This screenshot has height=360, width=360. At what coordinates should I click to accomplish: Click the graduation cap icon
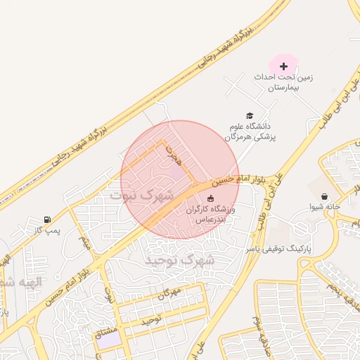pyautogui.click(x=249, y=115)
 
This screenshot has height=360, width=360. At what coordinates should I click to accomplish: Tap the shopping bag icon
pyautogui.click(x=324, y=196)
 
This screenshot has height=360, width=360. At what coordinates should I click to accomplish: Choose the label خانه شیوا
pyautogui.click(x=325, y=207)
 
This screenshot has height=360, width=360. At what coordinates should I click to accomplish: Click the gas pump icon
pyautogui.click(x=47, y=219)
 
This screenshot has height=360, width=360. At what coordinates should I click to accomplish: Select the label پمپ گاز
pyautogui.click(x=48, y=231)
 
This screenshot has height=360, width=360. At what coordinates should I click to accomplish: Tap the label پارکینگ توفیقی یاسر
pyautogui.click(x=277, y=249)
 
